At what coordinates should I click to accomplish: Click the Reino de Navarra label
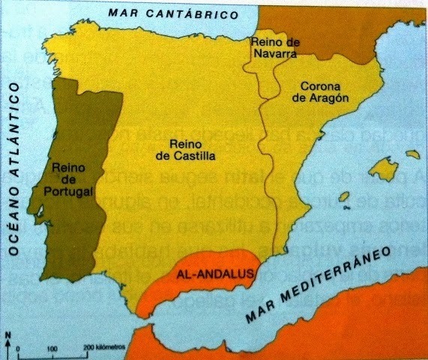(277, 47)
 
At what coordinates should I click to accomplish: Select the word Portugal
(68, 191)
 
